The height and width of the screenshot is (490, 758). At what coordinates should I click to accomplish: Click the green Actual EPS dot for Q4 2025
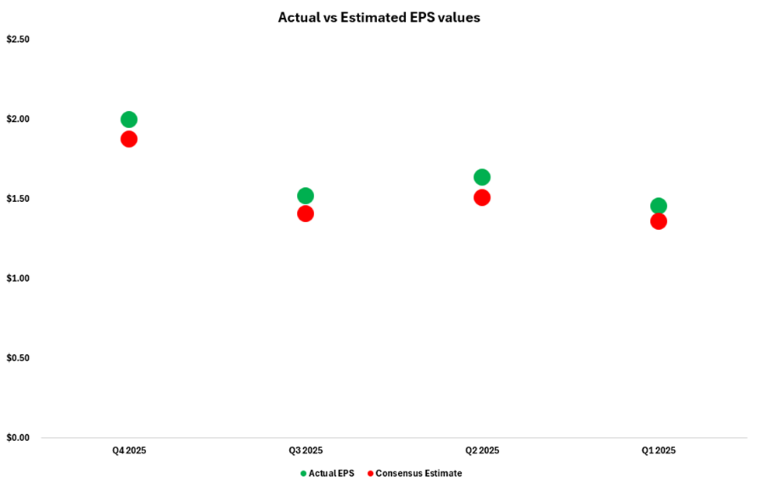[129, 120]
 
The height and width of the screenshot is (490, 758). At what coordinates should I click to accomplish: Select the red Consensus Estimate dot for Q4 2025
[129, 139]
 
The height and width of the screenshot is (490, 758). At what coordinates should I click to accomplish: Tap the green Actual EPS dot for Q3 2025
[306, 196]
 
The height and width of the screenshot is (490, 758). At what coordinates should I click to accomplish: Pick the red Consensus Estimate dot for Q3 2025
[306, 214]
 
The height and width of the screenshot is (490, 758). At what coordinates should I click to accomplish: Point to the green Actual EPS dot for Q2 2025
[482, 177]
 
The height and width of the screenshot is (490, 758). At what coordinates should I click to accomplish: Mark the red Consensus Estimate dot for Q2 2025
[482, 197]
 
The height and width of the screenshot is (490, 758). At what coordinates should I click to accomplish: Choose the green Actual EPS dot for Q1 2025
[658, 206]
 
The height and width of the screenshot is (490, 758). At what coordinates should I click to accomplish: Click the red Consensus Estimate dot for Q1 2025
[658, 221]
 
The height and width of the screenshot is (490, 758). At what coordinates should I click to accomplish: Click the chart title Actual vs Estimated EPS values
[379, 17]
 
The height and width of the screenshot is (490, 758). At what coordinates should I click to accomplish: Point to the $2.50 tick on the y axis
[18, 40]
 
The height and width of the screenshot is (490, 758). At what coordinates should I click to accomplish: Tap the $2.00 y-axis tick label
[18, 119]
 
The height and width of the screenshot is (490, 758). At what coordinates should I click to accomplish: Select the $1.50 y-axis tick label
[18, 199]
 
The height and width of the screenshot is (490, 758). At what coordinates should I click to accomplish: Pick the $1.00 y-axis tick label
[18, 278]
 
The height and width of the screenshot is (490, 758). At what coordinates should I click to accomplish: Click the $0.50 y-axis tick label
[18, 358]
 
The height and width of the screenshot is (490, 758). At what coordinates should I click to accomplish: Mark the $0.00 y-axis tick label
[18, 437]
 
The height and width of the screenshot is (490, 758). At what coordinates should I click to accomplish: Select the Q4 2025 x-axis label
[129, 450]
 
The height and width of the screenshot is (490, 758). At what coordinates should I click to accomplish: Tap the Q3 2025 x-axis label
[306, 450]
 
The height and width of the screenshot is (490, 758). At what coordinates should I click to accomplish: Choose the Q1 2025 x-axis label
[658, 450]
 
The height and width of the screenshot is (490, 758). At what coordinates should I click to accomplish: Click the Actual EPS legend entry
[329, 473]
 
